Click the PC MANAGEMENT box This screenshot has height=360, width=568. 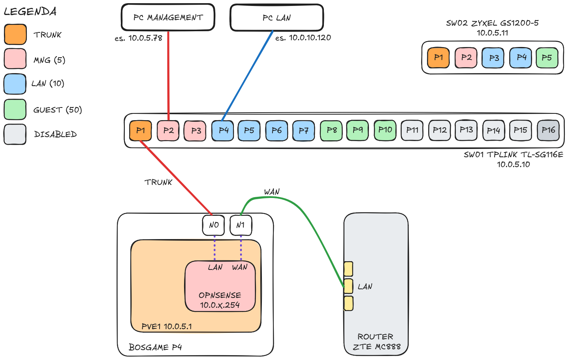tap(168, 17)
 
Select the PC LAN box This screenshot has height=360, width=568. tap(276, 18)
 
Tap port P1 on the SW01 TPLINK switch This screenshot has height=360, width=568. tap(140, 130)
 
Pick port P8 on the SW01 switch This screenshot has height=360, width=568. tap(331, 130)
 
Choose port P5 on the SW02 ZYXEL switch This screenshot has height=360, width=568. tap(547, 58)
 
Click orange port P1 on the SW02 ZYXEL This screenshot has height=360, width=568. tap(438, 58)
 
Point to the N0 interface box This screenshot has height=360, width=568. tap(213, 225)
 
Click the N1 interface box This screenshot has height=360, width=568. tap(241, 225)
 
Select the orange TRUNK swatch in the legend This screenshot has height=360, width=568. tap(15, 34)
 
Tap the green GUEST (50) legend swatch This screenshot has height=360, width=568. tap(15, 109)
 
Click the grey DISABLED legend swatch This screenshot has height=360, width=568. tap(15, 134)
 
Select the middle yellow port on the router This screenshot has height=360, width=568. tap(348, 286)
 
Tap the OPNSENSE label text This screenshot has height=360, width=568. tap(220, 295)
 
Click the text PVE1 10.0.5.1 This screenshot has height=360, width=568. tap(167, 326)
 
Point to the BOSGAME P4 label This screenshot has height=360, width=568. tap(155, 347)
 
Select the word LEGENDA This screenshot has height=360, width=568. tap(30, 11)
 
